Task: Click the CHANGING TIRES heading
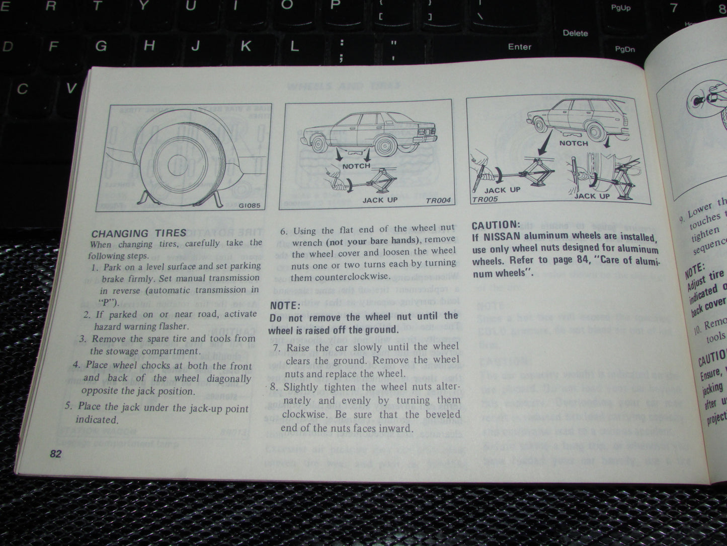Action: click(138, 233)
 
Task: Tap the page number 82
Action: click(55, 454)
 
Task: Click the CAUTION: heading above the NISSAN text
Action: click(495, 225)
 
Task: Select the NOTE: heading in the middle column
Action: click(285, 305)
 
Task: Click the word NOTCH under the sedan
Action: click(356, 166)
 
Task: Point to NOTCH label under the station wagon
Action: click(574, 143)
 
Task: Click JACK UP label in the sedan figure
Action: click(380, 200)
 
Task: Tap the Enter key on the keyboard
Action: click(520, 46)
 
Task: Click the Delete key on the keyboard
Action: click(575, 33)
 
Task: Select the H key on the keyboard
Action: click(149, 46)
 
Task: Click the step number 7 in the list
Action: click(276, 348)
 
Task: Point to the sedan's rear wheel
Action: click(385, 147)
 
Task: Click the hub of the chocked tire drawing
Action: click(177, 163)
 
